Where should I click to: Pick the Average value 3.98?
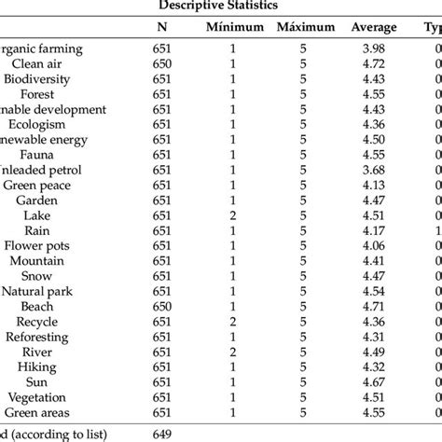click(x=373, y=49)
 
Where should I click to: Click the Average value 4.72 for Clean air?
click(x=373, y=64)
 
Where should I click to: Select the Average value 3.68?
click(x=373, y=170)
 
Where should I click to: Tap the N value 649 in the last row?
click(x=162, y=434)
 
